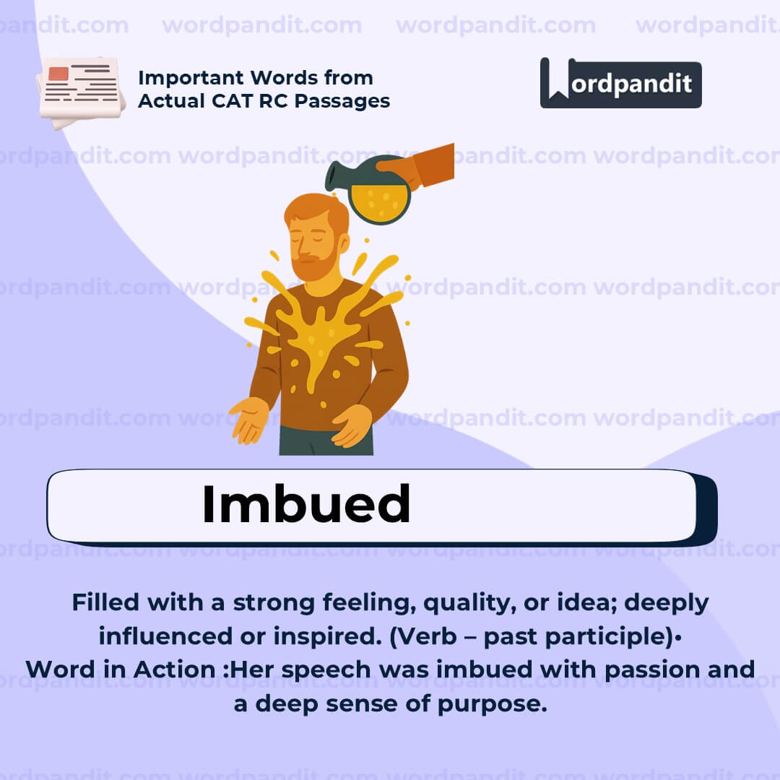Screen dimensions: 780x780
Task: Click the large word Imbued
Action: point(306,504)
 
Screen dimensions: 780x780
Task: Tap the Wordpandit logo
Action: point(620,83)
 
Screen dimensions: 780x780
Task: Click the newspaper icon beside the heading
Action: point(80,90)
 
